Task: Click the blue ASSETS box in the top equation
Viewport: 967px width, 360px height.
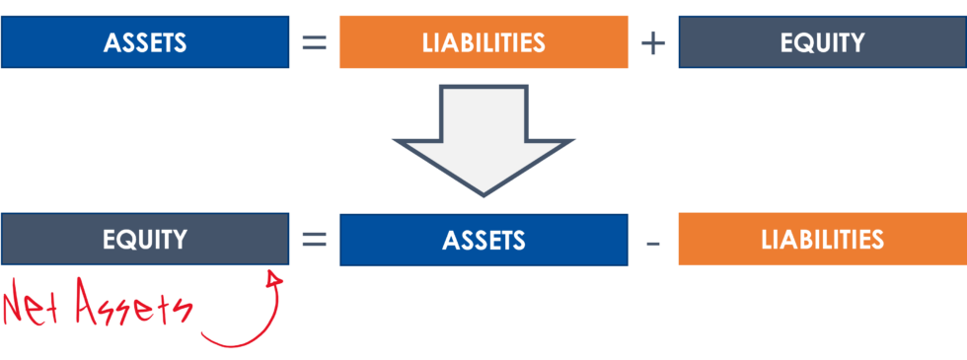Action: [x=145, y=42]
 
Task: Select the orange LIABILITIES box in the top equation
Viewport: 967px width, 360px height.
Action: [x=483, y=42]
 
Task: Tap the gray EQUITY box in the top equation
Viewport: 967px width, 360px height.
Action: [x=822, y=42]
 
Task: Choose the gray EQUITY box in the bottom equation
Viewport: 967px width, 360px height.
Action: [x=145, y=240]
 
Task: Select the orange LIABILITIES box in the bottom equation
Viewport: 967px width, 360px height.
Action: [x=822, y=240]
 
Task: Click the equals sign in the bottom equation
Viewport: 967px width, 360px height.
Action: [x=314, y=240]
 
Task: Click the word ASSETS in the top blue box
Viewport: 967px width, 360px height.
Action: [x=145, y=43]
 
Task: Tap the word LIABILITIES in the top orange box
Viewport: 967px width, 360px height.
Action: [x=483, y=43]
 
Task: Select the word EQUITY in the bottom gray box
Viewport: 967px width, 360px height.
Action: [x=145, y=240]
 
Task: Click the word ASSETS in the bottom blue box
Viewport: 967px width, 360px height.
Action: [x=483, y=241]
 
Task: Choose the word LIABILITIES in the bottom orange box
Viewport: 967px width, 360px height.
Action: [x=822, y=240]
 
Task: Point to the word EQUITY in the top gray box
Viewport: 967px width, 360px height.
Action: [x=822, y=43]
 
